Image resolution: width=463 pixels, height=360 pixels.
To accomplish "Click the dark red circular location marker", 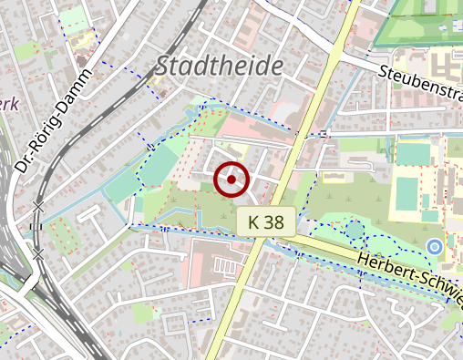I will pos(231,180).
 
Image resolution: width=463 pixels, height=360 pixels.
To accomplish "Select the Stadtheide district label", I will pos(220,66).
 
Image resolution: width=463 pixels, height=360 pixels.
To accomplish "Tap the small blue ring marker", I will pos(435,247).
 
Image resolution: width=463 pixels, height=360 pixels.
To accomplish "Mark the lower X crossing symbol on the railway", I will pos(38,252).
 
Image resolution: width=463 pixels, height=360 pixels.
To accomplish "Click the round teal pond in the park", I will pos(353,229).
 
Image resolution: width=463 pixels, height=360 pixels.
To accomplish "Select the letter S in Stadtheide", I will pos(164,66).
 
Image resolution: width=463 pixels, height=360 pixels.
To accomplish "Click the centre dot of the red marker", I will pos(231,180).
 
